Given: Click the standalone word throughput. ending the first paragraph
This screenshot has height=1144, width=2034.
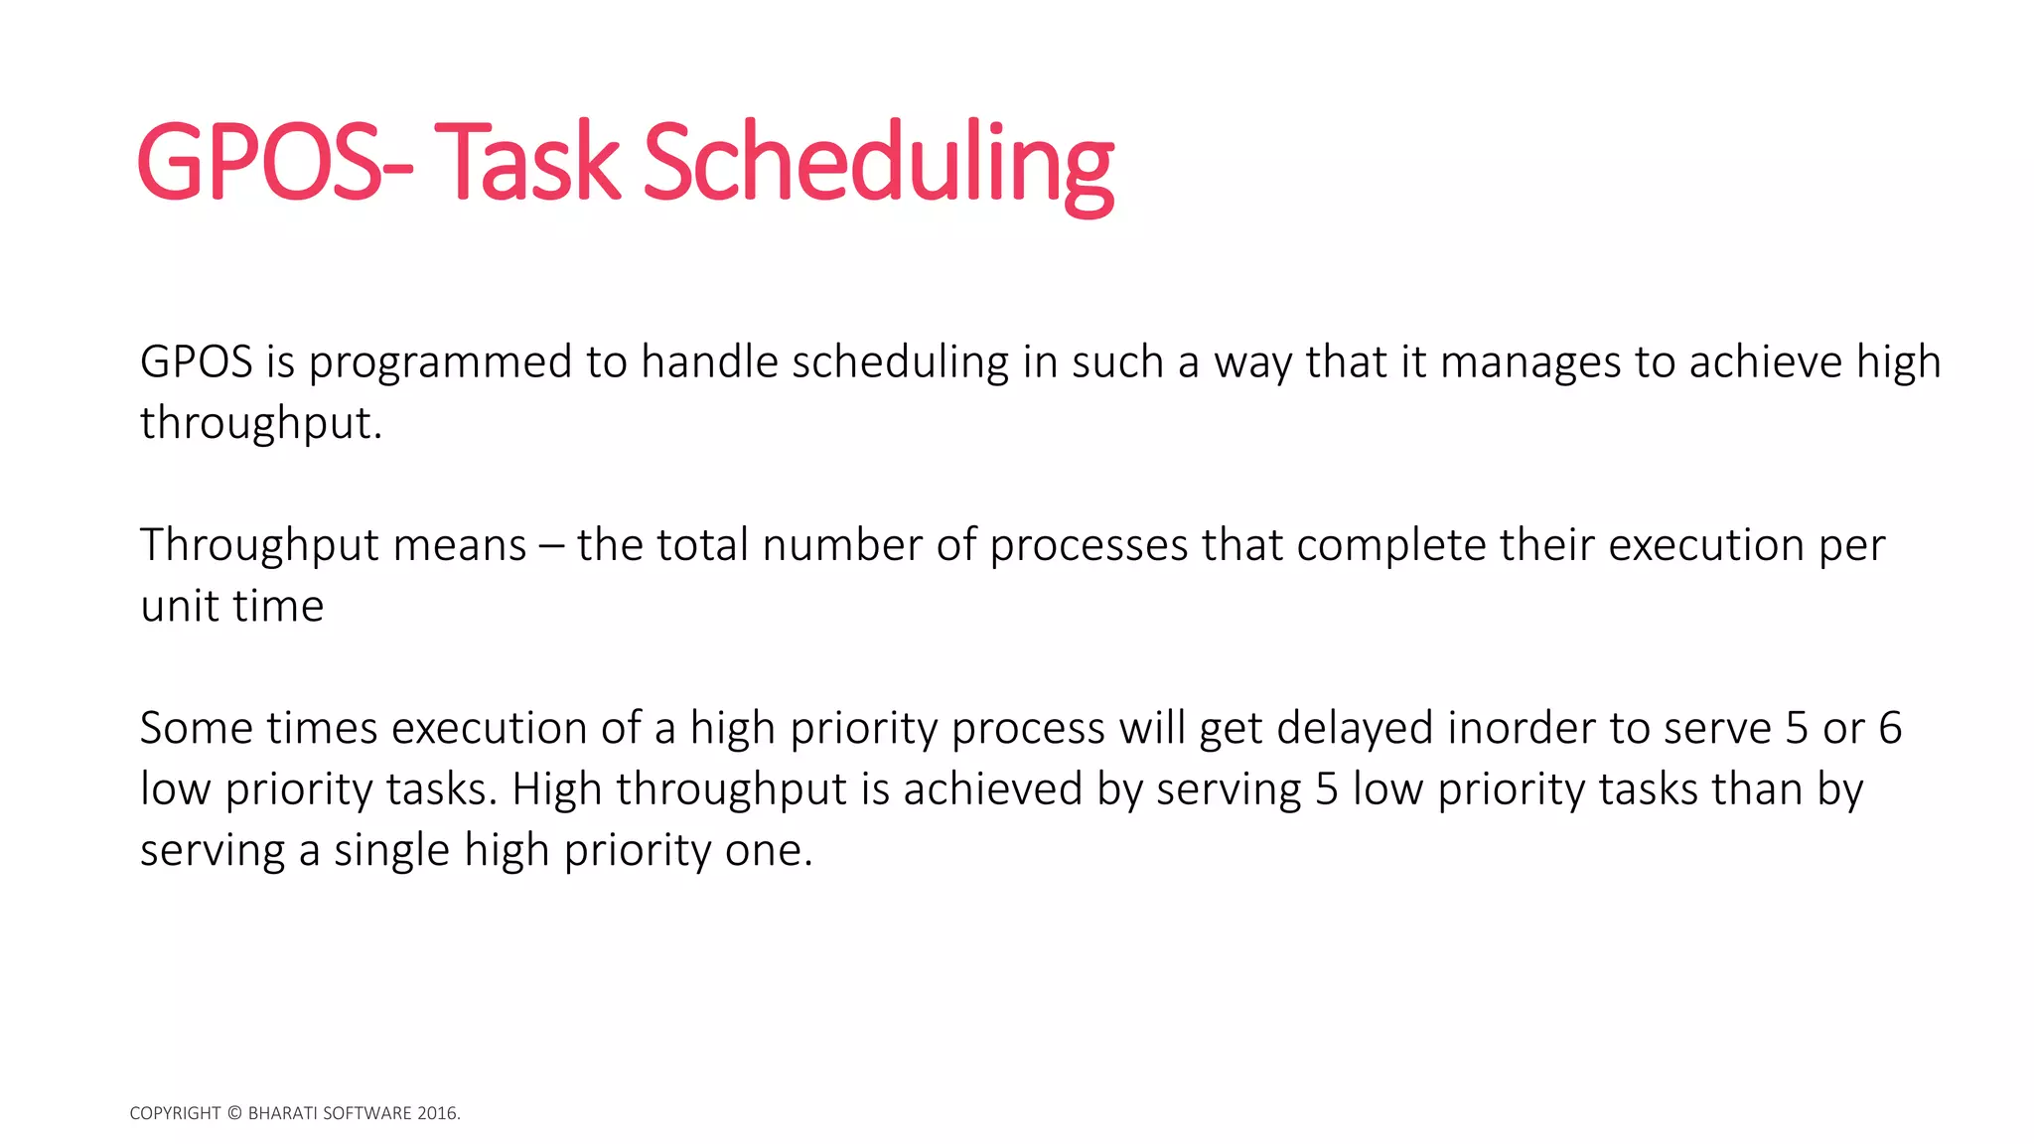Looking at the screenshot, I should [260, 424].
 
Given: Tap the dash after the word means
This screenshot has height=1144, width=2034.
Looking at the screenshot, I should [551, 547].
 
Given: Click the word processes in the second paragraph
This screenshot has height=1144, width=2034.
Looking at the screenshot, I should [1089, 547].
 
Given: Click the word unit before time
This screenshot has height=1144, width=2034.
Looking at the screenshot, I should [179, 607].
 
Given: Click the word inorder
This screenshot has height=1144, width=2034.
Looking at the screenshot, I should [1521, 729].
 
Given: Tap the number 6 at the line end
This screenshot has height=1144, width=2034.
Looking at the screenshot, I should [1890, 729].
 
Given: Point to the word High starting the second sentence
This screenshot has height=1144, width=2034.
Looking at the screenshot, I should [556, 790].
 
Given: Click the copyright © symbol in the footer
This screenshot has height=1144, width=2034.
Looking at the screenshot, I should [234, 1113].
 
